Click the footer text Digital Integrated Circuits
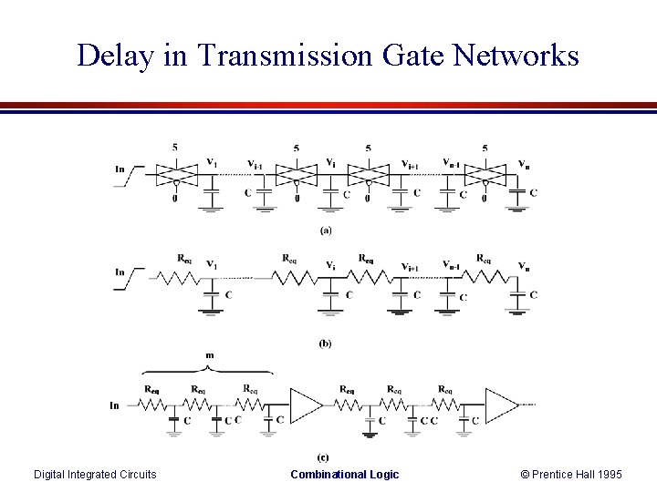click(x=95, y=474)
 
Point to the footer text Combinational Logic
click(x=344, y=474)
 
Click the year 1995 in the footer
click(x=604, y=474)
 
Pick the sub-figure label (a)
click(x=326, y=231)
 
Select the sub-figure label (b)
click(x=326, y=343)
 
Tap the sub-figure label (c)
click(x=323, y=456)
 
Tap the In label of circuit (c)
click(x=115, y=404)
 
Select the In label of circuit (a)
click(x=120, y=169)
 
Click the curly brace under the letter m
click(x=208, y=370)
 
